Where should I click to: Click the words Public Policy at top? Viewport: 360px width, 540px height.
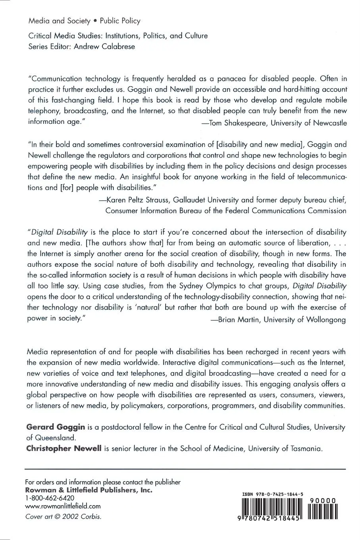coord(120,21)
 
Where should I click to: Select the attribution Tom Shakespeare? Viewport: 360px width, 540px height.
coord(237,123)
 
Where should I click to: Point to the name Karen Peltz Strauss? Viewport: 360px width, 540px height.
coord(139,200)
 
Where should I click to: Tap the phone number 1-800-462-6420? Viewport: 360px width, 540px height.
coord(50,498)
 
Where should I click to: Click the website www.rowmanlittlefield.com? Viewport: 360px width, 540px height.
coord(63,506)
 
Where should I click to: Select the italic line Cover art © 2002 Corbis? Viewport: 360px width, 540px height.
coord(63,517)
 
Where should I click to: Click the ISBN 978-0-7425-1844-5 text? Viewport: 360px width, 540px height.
coord(273,494)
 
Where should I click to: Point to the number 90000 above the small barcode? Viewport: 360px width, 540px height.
coord(323,501)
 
